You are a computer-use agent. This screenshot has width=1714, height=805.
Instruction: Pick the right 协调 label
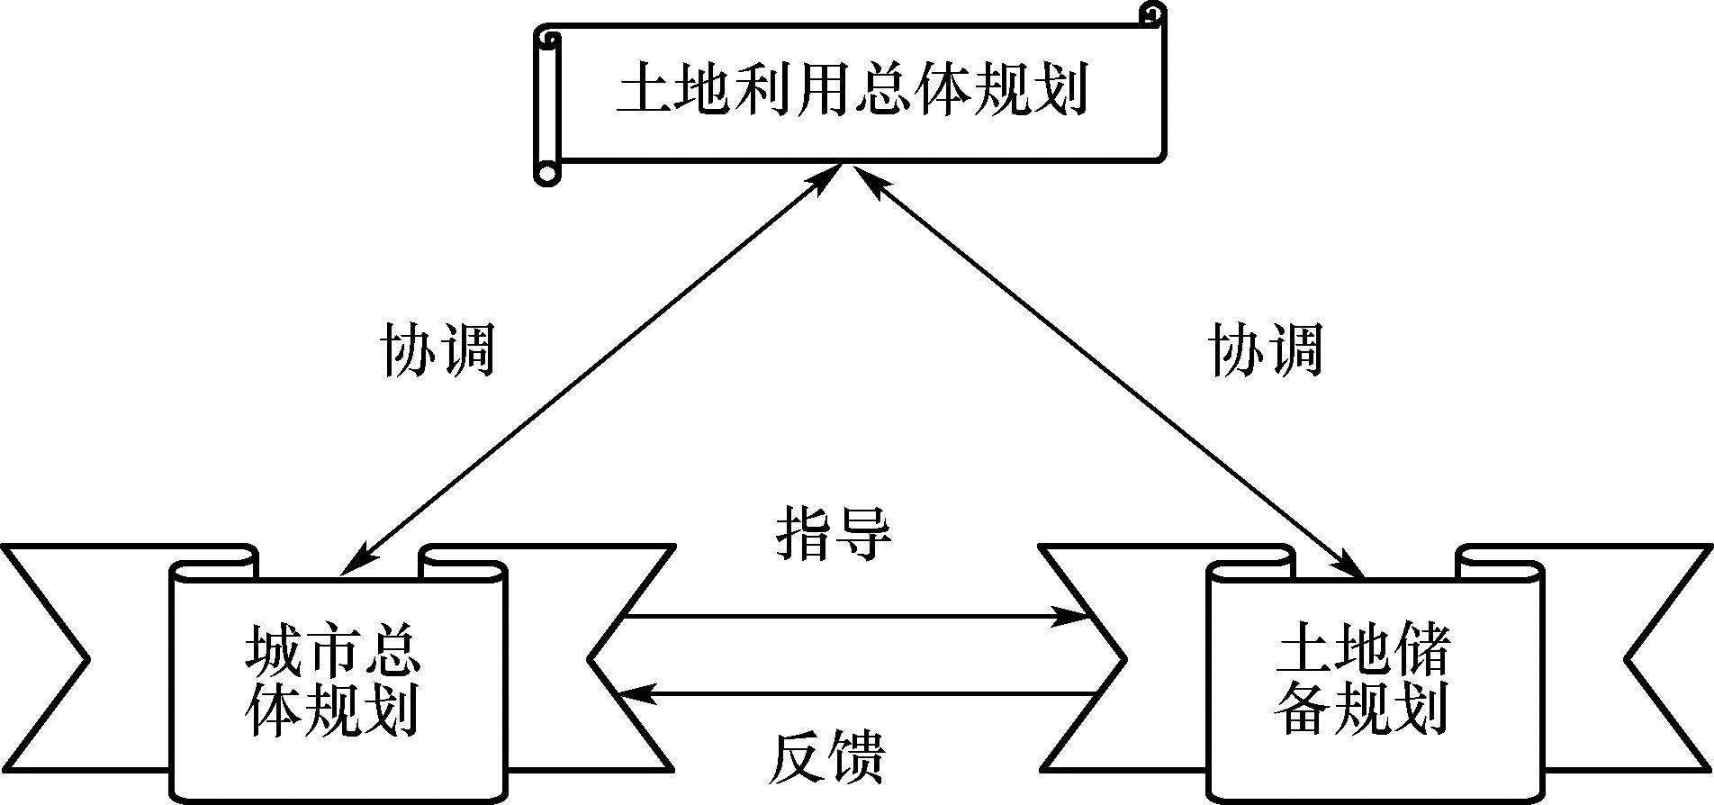click(1265, 349)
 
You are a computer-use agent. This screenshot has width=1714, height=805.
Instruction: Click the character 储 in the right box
click(1417, 654)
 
